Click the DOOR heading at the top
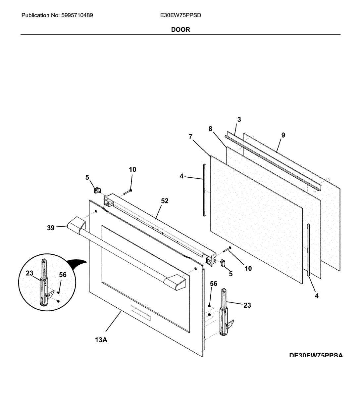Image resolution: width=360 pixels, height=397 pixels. tap(180, 29)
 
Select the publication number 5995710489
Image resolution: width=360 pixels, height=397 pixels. tap(77, 15)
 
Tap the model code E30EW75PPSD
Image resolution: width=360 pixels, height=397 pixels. tap(180, 15)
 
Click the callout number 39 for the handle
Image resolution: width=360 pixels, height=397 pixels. tap(51, 228)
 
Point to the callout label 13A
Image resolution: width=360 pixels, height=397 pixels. tap(101, 339)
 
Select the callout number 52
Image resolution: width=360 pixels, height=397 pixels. tap(165, 201)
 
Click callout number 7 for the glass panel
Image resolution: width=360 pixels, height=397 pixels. tap(190, 137)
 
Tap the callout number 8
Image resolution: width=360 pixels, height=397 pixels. tap(210, 129)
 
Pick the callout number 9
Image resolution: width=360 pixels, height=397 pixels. tap(283, 135)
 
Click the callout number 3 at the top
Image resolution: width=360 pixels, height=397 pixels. tap(239, 119)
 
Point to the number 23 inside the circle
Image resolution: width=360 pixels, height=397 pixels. tap(29, 273)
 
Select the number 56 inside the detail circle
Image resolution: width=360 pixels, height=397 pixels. tap(63, 275)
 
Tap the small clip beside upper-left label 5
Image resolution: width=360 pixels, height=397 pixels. tap(97, 190)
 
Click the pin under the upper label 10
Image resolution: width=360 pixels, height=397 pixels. tap(128, 192)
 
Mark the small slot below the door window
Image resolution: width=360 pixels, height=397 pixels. tap(141, 313)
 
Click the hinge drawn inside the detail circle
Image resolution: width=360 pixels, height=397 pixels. tap(44, 285)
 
